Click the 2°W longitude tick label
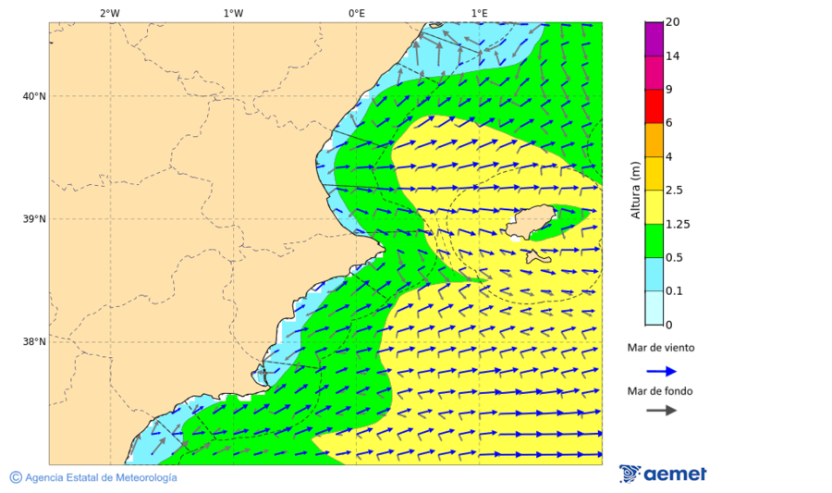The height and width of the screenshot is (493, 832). pyautogui.click(x=109, y=13)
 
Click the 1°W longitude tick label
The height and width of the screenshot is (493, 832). pyautogui.click(x=233, y=13)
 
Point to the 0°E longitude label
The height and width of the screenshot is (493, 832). pyautogui.click(x=356, y=13)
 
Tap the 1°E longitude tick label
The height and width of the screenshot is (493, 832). pyautogui.click(x=479, y=13)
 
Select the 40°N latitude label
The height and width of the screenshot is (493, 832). pyautogui.click(x=34, y=96)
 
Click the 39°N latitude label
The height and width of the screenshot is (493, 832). pyautogui.click(x=34, y=219)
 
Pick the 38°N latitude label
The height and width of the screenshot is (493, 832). pyautogui.click(x=34, y=342)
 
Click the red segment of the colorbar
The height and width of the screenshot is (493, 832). pyautogui.click(x=655, y=106)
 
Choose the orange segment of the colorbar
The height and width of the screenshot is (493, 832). pyautogui.click(x=655, y=140)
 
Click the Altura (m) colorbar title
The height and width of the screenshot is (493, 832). pyautogui.click(x=635, y=191)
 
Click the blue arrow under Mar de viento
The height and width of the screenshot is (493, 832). pyautogui.click(x=661, y=371)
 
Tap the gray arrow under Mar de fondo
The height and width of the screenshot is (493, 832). pyautogui.click(x=661, y=411)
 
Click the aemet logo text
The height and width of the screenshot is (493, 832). pyautogui.click(x=675, y=475)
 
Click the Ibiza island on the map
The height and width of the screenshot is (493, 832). pyautogui.click(x=530, y=223)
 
